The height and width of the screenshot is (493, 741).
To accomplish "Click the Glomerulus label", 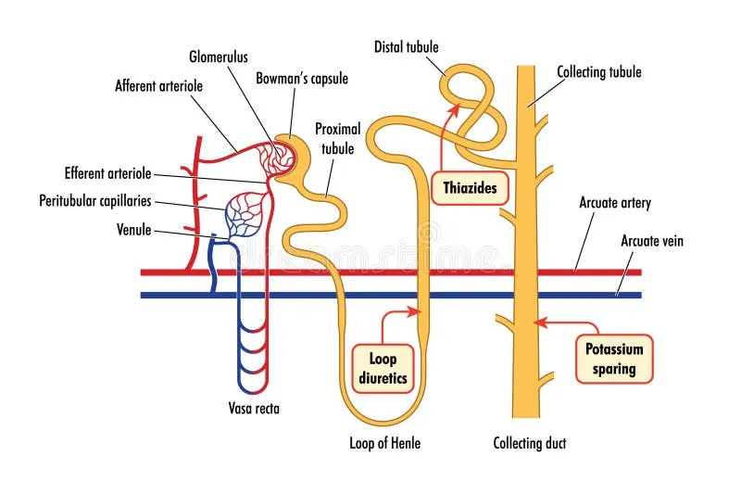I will coord(220,56).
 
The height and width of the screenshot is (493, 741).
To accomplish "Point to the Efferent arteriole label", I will coord(108,172).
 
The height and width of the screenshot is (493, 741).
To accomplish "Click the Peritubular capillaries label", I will coord(95,200).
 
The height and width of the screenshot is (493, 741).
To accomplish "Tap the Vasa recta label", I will coord(253,407).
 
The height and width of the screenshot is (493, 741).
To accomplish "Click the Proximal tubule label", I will coord(337,138).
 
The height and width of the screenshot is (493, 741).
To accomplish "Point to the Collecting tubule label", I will coord(598,71).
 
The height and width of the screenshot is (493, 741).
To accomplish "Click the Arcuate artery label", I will coord(615,203).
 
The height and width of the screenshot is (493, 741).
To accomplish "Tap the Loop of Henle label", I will coord(384,443).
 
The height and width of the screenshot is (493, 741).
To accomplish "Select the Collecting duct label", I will coord(529,443).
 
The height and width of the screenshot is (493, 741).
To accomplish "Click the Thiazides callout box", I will coord(470,189).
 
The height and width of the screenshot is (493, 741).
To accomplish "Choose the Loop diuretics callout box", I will coord(383,367).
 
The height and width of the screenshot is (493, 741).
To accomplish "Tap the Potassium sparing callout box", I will coord(614,359).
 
